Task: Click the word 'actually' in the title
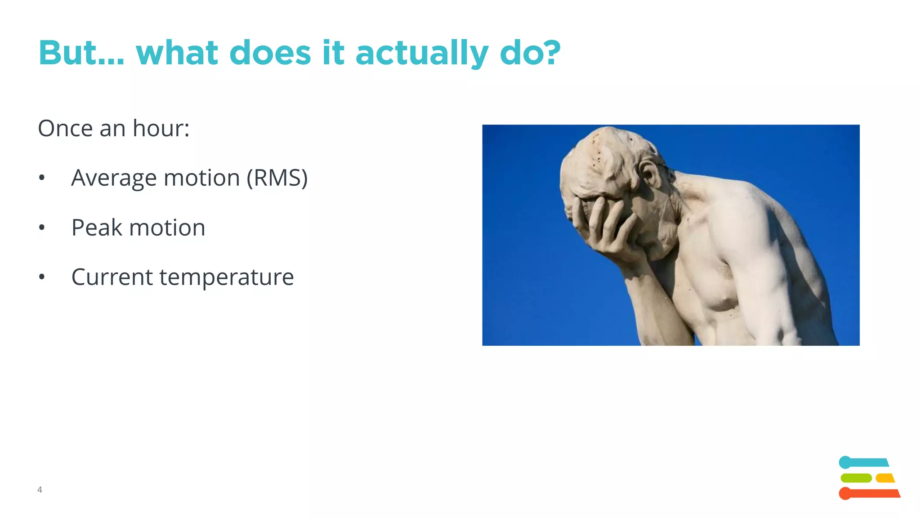421,54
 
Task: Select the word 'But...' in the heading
81,53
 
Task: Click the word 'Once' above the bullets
65,129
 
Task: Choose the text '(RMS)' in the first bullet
277,178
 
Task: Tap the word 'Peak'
97,228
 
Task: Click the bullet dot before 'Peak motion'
42,228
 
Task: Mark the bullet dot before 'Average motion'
42,178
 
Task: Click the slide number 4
40,490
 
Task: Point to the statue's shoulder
738,198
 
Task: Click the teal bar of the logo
863,463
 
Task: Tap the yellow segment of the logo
885,478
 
